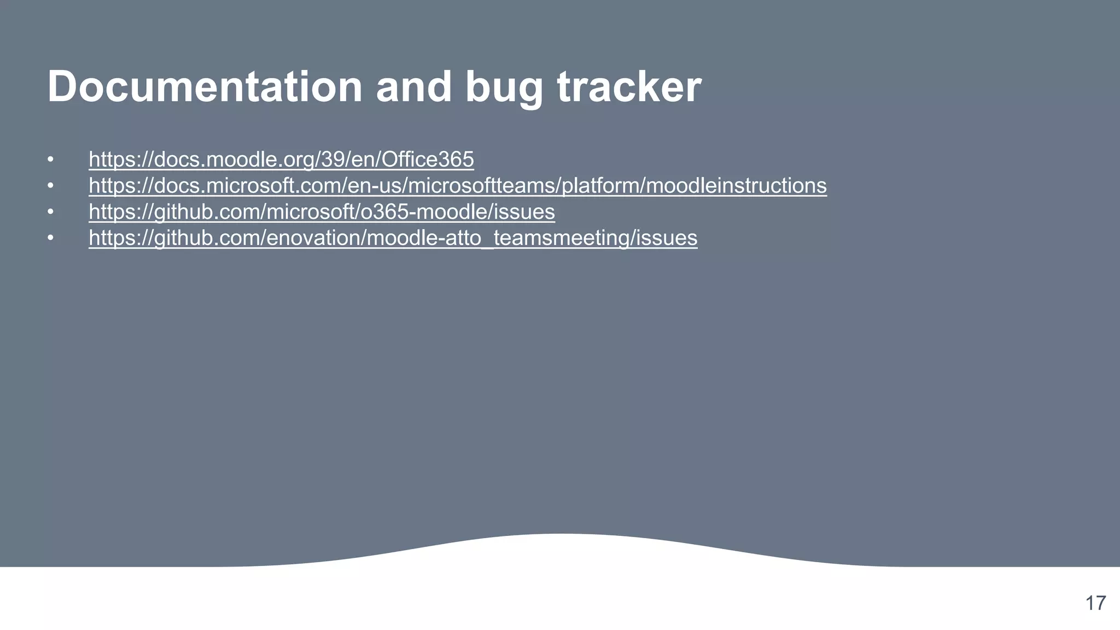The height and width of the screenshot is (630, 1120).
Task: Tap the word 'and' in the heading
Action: (x=414, y=86)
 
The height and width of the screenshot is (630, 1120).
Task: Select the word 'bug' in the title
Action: (x=504, y=87)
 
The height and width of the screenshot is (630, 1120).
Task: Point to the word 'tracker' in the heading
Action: (x=629, y=86)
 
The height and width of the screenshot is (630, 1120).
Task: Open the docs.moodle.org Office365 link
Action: (x=281, y=160)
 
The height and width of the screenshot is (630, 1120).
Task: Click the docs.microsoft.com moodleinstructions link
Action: (x=457, y=186)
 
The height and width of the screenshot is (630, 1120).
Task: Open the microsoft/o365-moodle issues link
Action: (x=322, y=212)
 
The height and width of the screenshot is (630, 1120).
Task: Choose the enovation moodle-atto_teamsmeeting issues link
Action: (x=393, y=238)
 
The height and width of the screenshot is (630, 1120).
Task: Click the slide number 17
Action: (x=1095, y=603)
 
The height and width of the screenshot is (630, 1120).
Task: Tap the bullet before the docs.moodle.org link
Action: (x=50, y=160)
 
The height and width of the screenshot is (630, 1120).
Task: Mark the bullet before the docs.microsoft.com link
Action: (x=50, y=186)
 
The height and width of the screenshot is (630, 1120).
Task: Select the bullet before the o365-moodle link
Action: (x=50, y=212)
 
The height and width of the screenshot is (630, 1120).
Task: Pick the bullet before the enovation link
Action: (x=50, y=238)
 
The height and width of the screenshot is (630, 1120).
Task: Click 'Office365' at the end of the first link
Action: (x=428, y=160)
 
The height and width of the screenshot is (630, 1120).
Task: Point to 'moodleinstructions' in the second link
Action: (x=736, y=186)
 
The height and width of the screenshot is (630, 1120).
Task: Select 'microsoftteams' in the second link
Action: (x=482, y=186)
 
